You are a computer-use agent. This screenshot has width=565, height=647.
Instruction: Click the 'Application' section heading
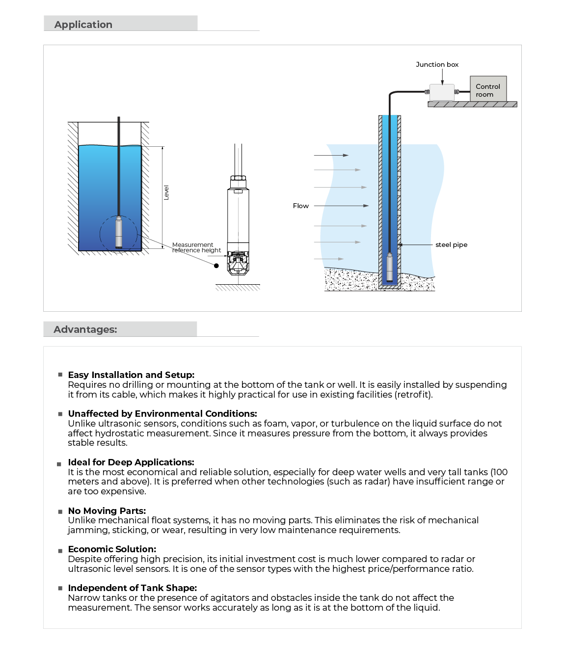[83, 25]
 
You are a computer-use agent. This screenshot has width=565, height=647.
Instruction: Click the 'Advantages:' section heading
[85, 329]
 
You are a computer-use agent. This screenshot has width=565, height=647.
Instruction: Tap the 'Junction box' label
[437, 64]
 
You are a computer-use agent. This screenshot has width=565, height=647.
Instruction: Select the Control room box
[488, 90]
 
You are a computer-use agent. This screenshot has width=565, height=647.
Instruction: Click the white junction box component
[442, 92]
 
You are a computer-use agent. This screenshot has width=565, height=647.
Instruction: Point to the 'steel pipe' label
[451, 244]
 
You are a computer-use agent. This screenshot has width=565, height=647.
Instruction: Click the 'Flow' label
[301, 206]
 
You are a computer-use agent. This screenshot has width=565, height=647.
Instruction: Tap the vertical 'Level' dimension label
[166, 192]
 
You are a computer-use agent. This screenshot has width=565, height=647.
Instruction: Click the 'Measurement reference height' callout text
[196, 247]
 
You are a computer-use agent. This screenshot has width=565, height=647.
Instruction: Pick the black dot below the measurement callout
[216, 266]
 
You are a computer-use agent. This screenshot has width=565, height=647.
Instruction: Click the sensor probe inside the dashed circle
[119, 233]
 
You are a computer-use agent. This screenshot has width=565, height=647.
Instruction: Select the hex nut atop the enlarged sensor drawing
[238, 180]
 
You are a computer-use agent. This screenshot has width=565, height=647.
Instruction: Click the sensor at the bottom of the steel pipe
[390, 267]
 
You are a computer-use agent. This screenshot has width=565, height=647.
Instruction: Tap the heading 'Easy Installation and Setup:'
[131, 375]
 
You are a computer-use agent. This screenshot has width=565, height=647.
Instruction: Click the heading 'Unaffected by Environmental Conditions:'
[162, 413]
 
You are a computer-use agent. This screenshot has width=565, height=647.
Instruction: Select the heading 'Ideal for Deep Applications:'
[131, 462]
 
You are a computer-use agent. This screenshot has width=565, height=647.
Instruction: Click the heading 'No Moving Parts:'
[107, 511]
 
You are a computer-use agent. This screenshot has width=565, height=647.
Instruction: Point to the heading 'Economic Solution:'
[112, 549]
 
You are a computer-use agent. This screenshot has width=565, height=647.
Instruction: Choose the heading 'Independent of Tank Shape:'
[133, 588]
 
